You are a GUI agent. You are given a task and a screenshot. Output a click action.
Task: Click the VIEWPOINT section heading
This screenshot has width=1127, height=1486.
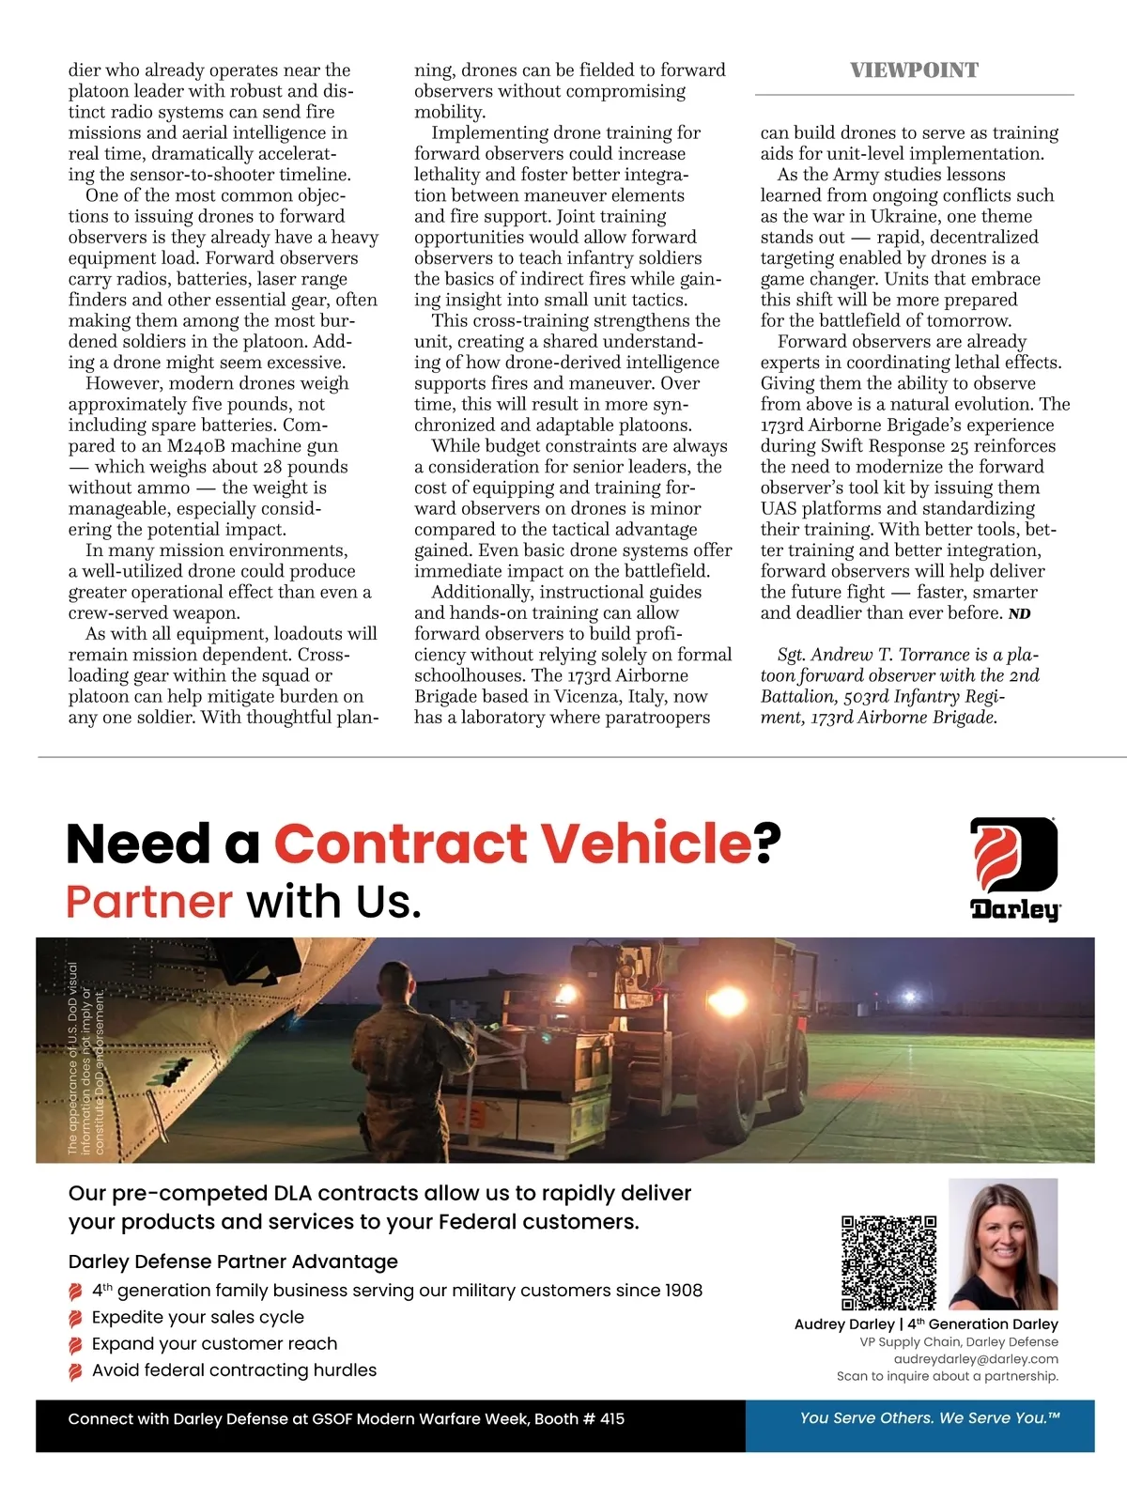pyautogui.click(x=914, y=70)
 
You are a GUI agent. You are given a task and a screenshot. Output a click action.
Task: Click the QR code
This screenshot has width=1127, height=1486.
pyautogui.click(x=888, y=1262)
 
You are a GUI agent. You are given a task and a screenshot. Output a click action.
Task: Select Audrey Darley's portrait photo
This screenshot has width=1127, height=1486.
pyautogui.click(x=1003, y=1244)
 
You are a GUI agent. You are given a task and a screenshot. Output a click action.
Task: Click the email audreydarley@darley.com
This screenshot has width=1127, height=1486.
pyautogui.click(x=976, y=1359)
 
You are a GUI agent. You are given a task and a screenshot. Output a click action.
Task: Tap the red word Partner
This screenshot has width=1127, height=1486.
pyautogui.click(x=149, y=902)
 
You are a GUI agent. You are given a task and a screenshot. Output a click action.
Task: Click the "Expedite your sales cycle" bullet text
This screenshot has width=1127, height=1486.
pyautogui.click(x=198, y=1317)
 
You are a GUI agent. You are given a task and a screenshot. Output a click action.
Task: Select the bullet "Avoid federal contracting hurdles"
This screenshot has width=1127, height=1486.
pyautogui.click(x=234, y=1370)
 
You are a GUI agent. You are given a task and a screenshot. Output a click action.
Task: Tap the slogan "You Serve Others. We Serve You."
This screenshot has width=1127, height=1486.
pyautogui.click(x=930, y=1417)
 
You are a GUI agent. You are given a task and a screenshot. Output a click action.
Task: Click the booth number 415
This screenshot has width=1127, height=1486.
pyautogui.click(x=611, y=1418)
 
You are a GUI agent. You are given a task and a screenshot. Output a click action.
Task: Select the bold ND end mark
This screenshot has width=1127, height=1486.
pyautogui.click(x=1019, y=614)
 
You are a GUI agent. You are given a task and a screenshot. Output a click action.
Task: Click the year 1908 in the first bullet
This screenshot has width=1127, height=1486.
pyautogui.click(x=683, y=1291)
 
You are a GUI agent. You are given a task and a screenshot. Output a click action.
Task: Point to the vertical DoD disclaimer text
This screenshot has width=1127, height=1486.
pyautogui.click(x=85, y=1057)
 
